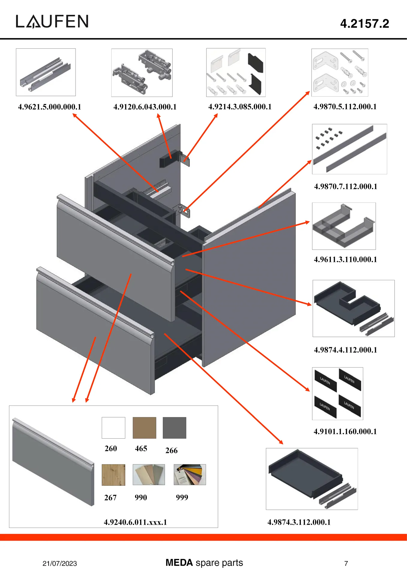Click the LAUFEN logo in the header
52,22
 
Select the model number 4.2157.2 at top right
364,24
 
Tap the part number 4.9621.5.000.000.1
49,107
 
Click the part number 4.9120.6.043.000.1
145,107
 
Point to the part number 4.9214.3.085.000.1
240,107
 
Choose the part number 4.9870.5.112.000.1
345,106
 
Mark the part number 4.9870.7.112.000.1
346,186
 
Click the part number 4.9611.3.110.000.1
345,259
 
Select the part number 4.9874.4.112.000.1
345,350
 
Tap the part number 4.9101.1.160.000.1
345,431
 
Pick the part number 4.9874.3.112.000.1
299,522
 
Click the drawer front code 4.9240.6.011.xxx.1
135,522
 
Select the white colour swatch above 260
113,428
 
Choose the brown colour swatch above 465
144,428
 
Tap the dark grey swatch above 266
174,428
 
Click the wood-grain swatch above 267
113,475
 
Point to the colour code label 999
182,497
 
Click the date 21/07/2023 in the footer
60,563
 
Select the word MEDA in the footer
179,562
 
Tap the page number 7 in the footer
346,563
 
